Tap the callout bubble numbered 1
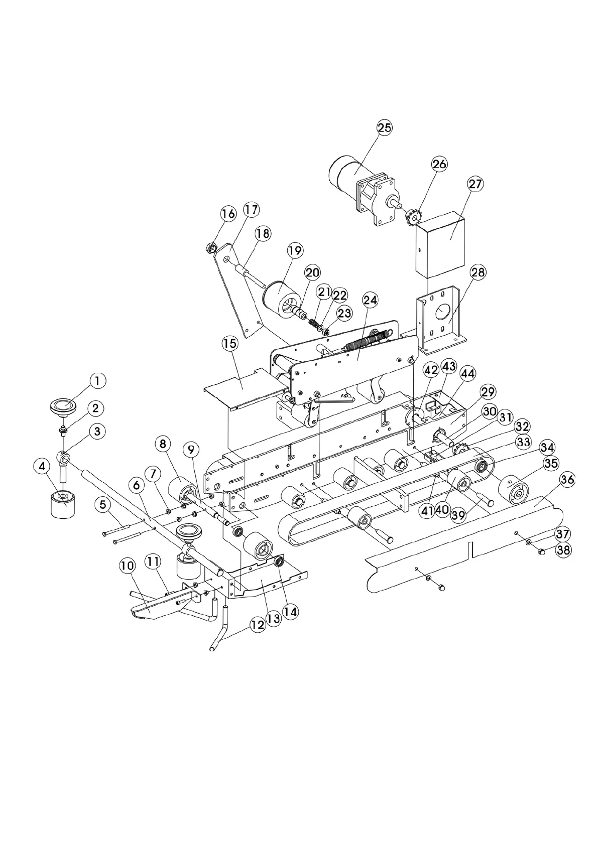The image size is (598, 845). pos(97,381)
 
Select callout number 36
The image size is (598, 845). pos(567,480)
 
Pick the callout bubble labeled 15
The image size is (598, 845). pos(230,344)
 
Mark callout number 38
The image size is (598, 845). pos(564,550)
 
